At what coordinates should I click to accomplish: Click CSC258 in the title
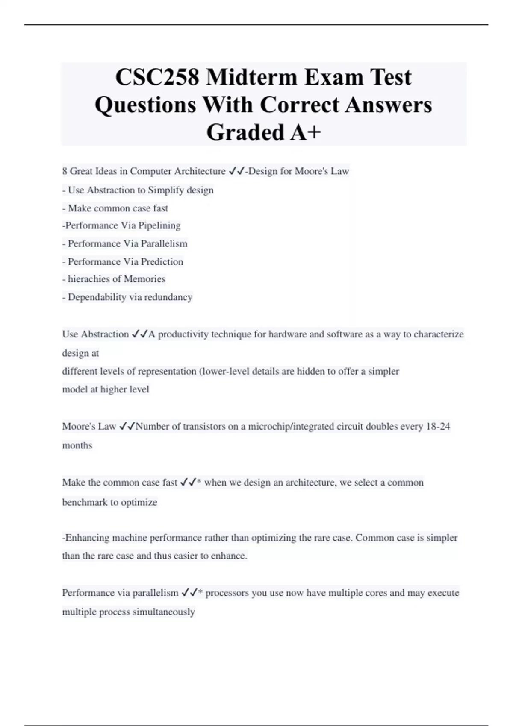coord(157,78)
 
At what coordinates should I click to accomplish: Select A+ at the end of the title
coord(305,132)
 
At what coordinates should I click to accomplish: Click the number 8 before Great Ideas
coord(65,171)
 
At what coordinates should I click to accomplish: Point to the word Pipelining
coord(159,225)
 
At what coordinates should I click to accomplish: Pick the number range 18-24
coord(438,426)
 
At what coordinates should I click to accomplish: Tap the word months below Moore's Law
coord(77,445)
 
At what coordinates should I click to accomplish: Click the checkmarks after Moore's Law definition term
coord(127,426)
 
